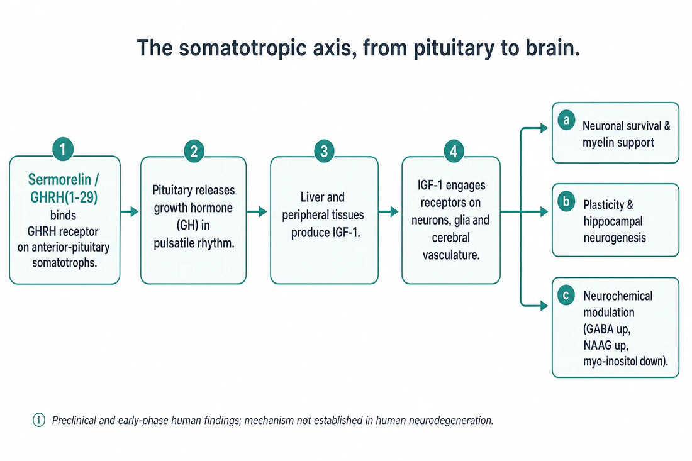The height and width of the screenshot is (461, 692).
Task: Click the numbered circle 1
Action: pyautogui.click(x=63, y=150)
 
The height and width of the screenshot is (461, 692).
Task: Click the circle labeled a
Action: pyautogui.click(x=566, y=120)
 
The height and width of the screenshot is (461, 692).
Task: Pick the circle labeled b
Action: pyautogui.click(x=566, y=202)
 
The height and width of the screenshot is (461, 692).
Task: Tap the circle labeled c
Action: pyautogui.click(x=566, y=295)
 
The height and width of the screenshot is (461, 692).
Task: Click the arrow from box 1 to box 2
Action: pyautogui.click(x=130, y=212)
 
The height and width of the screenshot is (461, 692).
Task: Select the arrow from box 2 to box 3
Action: pyautogui.click(x=257, y=212)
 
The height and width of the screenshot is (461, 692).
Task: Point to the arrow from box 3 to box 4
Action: pyautogui.click(x=389, y=212)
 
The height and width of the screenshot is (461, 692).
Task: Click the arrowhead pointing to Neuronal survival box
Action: pyautogui.click(x=544, y=128)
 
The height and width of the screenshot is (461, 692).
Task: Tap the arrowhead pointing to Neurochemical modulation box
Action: pyautogui.click(x=544, y=305)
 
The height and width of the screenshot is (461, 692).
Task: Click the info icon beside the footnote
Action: pyautogui.click(x=39, y=420)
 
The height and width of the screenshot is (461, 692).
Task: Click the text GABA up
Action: pyautogui.click(x=607, y=329)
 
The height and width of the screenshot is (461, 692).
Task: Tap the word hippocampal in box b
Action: pyautogui.click(x=613, y=221)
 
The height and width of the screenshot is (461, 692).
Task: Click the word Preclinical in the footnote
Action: pyautogui.click(x=74, y=420)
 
